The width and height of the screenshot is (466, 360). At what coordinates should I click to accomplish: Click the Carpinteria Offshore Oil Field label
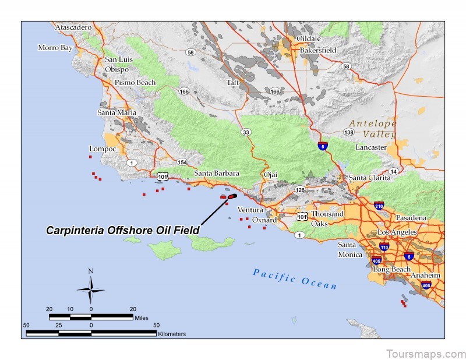[x=122, y=231]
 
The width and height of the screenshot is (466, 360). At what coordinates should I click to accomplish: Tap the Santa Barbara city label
[x=217, y=174]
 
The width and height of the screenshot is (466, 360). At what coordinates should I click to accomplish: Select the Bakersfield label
[x=318, y=51]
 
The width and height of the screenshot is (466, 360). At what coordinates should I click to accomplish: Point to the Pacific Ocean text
[x=295, y=278]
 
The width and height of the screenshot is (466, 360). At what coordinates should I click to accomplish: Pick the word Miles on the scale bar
[x=142, y=317]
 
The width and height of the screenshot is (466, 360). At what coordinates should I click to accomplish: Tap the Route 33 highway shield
[x=246, y=133]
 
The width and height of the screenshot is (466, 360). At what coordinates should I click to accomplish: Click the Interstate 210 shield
[x=379, y=206]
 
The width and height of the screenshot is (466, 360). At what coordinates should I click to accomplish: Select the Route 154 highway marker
[x=182, y=162]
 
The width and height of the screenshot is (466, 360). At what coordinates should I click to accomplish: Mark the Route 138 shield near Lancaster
[x=349, y=133]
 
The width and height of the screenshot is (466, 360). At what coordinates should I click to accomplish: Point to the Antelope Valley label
[x=373, y=129]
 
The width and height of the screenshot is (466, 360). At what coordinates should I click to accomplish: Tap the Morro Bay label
[x=55, y=48]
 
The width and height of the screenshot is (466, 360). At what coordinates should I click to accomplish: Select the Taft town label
[x=233, y=83]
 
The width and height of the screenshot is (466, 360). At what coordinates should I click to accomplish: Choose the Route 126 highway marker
[x=300, y=190]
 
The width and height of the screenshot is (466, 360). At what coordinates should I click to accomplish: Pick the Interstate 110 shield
[x=384, y=247]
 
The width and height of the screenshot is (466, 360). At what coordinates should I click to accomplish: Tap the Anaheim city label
[x=425, y=275]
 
